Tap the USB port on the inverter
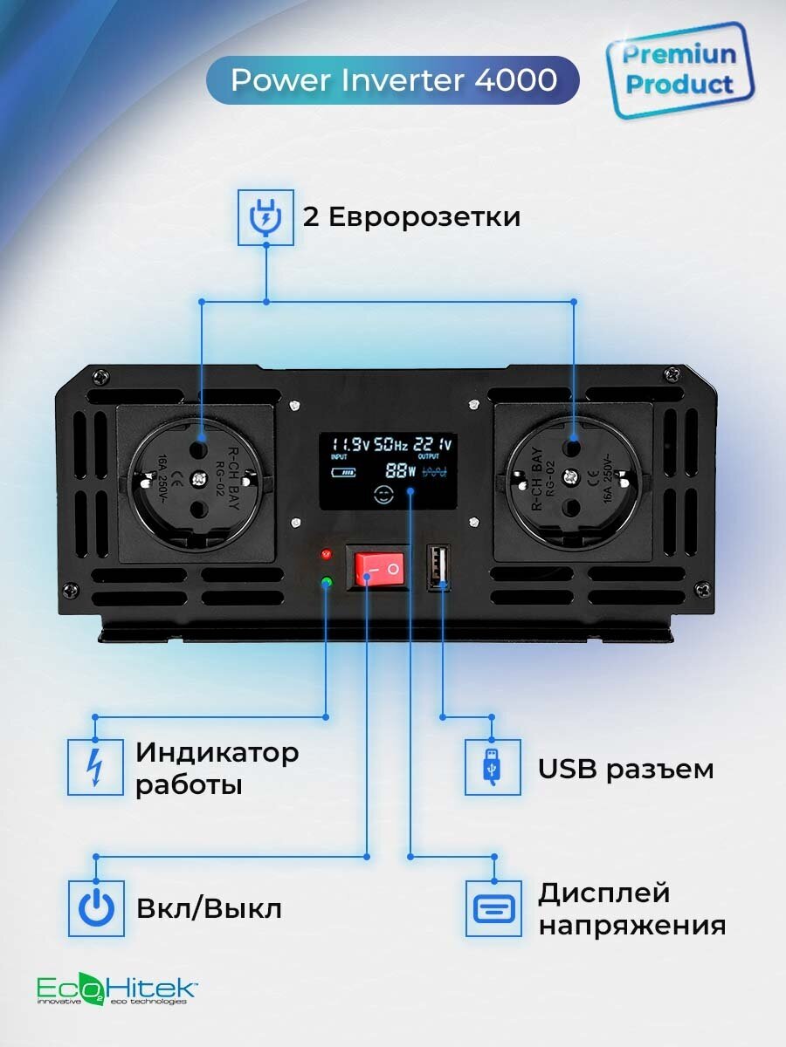click(438, 568)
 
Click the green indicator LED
click(327, 582)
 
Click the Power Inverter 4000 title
click(393, 80)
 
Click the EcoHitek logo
click(116, 989)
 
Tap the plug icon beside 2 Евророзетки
click(261, 218)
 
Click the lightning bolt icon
click(95, 767)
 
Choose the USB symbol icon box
click(492, 767)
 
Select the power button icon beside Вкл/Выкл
click(95, 908)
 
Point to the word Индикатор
click(217, 752)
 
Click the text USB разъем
click(625, 770)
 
